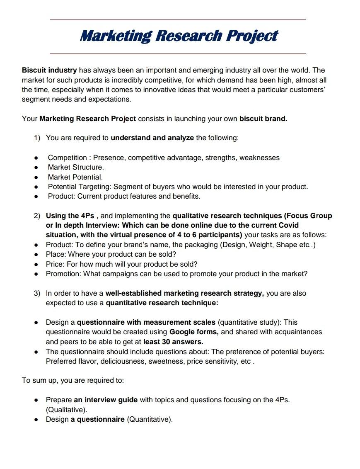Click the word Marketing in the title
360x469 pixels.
pos(116,36)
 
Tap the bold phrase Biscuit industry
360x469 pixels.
pos(49,70)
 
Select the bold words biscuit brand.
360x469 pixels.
pos(263,119)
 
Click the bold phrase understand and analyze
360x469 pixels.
pos(152,138)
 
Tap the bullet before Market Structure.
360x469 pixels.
pos(36,168)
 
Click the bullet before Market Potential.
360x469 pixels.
pos(36,177)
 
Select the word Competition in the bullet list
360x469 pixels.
pos(67,158)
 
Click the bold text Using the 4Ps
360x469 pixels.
pos(70,216)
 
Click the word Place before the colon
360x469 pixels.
pos(55,254)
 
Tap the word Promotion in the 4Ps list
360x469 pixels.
pos(63,274)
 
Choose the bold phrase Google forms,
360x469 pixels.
pos(194,332)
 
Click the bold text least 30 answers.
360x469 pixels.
pos(173,342)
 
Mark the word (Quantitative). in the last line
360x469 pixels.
pos(150,419)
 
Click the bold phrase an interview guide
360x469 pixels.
pos(106,400)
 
